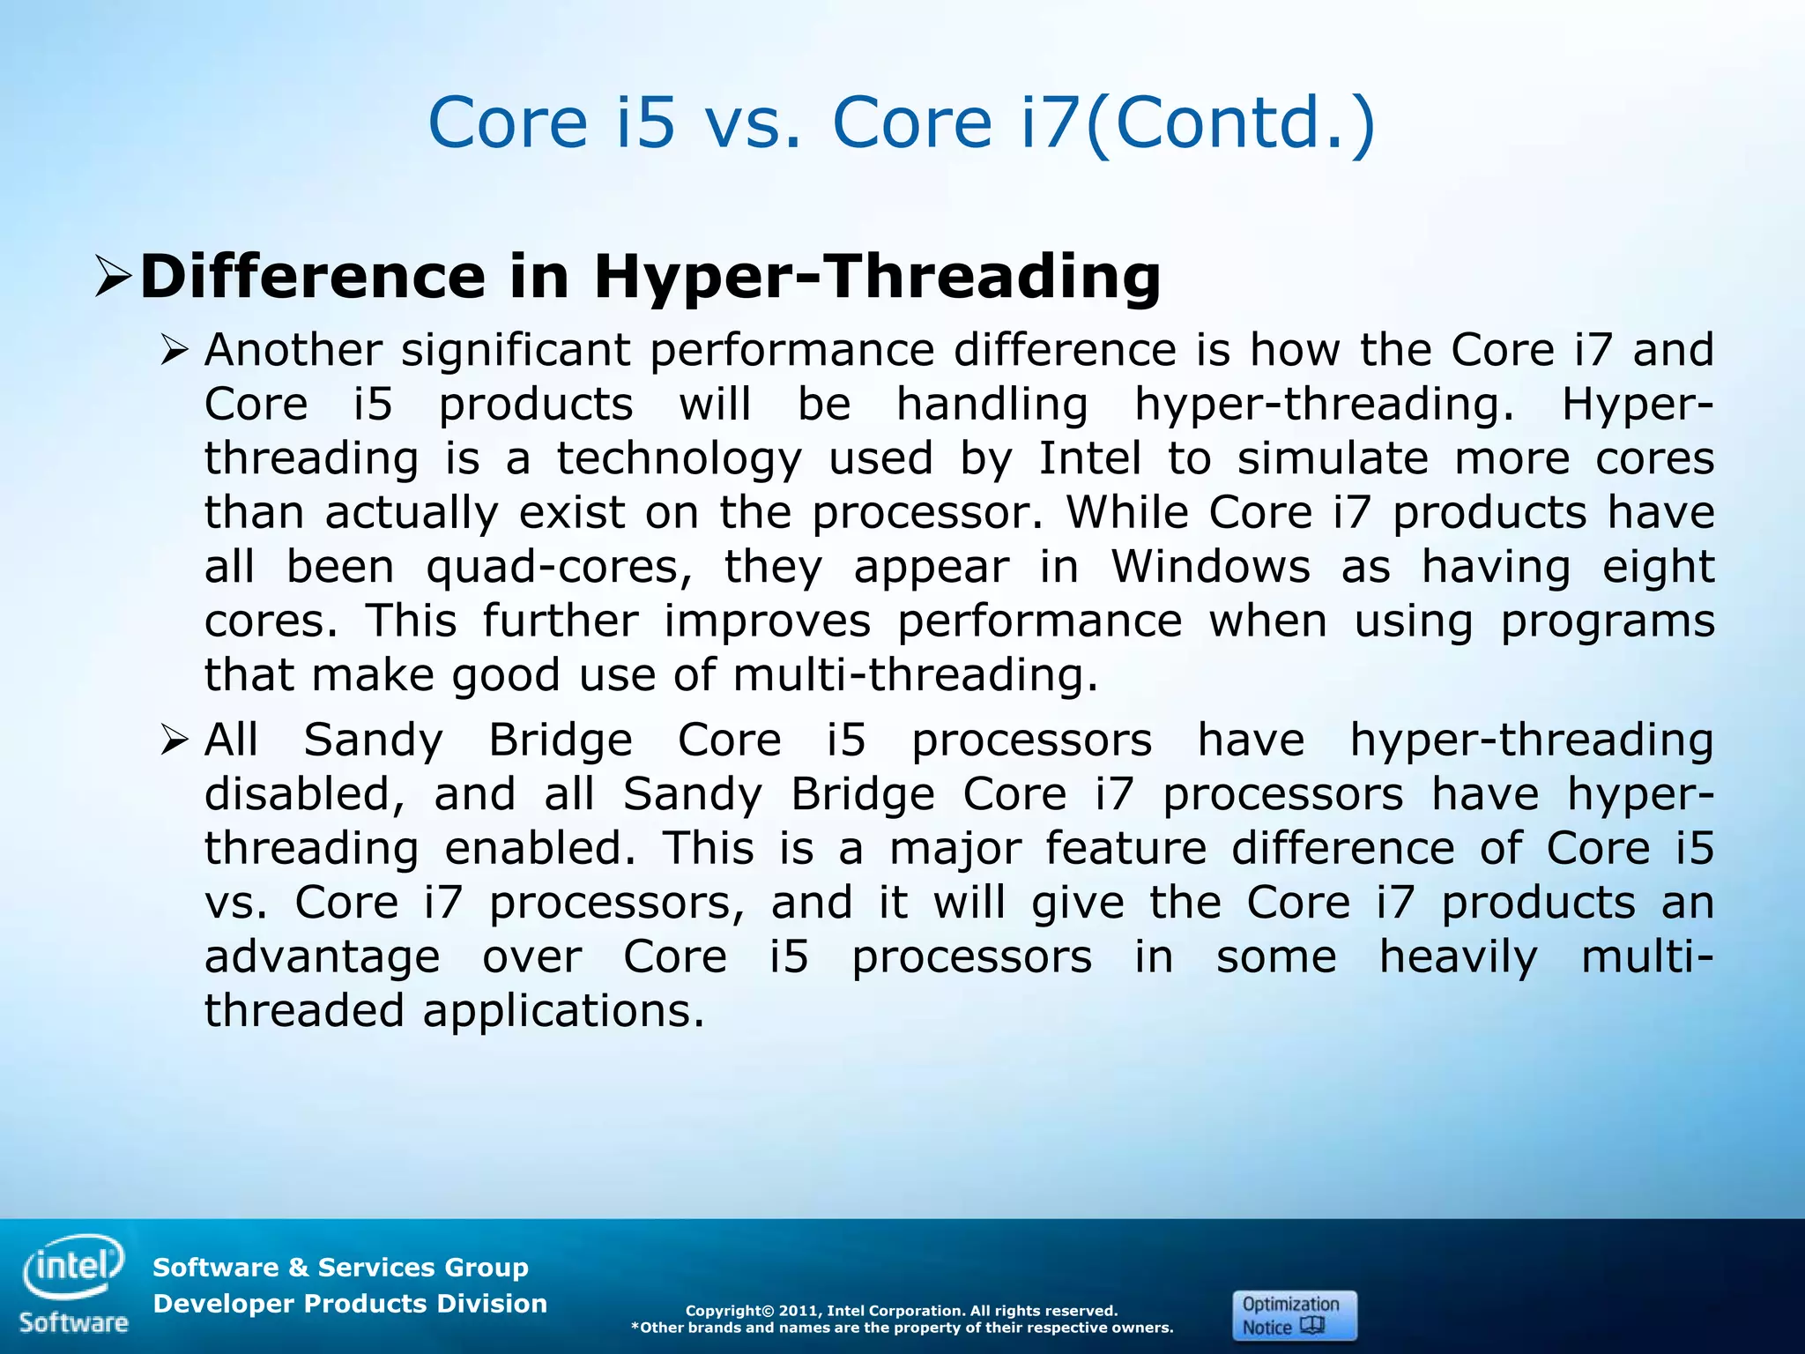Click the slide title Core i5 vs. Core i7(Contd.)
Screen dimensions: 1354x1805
click(x=901, y=123)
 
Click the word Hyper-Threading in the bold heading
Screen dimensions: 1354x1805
click(x=877, y=277)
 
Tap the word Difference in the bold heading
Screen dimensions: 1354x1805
click(x=313, y=277)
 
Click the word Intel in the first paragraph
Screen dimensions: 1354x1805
click(x=1089, y=458)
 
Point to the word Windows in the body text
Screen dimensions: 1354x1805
click(x=1210, y=567)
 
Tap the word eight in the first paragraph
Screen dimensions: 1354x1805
click(x=1658, y=567)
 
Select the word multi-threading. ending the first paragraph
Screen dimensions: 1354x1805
click(x=916, y=675)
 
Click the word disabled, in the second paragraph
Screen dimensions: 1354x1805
click(x=305, y=794)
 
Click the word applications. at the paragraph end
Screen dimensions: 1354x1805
click(x=564, y=1011)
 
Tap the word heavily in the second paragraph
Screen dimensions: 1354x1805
click(x=1459, y=956)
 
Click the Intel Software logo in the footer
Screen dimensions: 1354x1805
click(x=74, y=1283)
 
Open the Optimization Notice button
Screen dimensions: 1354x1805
click(x=1294, y=1315)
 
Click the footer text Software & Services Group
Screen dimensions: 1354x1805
click(x=340, y=1268)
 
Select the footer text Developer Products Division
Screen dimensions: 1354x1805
click(x=350, y=1304)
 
